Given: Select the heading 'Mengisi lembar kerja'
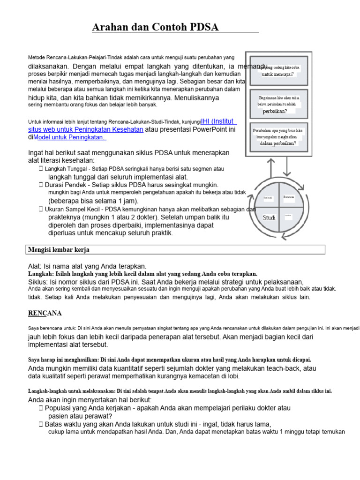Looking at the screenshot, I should [59, 249].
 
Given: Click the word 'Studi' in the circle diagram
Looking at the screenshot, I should [269, 217].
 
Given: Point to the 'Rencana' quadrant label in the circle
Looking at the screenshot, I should [289, 197].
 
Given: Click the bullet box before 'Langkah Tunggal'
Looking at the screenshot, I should [41, 168].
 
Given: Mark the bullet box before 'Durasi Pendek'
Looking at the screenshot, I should [41, 185].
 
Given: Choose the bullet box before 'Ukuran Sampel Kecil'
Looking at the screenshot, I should [41, 209].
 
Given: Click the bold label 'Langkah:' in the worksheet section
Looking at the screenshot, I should [41, 274].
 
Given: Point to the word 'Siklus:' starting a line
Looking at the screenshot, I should [39, 282].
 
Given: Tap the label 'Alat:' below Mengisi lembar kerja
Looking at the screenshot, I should [35, 266].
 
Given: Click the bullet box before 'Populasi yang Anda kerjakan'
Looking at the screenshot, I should [41, 408].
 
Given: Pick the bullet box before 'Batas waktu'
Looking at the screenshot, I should [41, 424].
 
